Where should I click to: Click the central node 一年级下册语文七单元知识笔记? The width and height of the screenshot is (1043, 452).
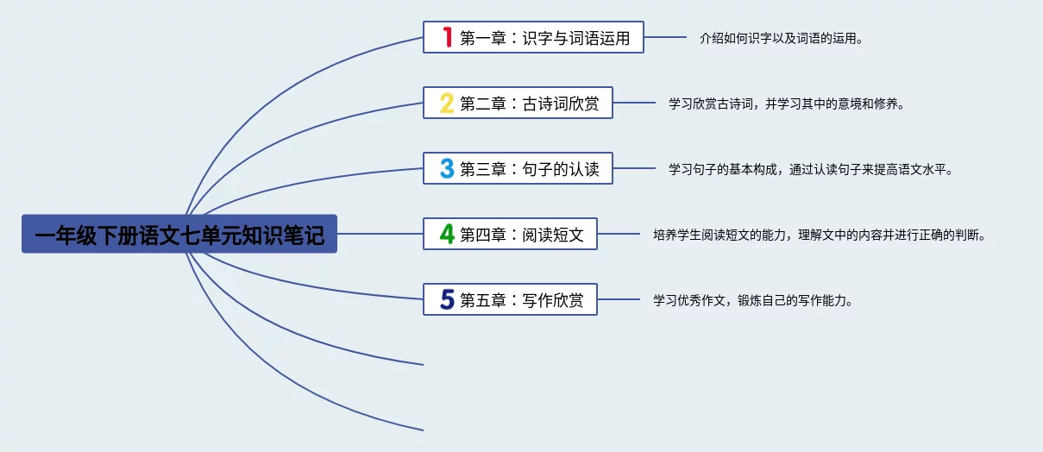click(179, 234)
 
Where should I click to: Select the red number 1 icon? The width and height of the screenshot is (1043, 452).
click(447, 37)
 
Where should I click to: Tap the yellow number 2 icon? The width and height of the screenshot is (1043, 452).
click(447, 104)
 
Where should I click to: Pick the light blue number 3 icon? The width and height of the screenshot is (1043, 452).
click(447, 168)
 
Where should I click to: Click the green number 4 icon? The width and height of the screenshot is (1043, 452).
click(447, 234)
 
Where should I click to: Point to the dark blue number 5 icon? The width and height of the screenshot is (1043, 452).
click(447, 299)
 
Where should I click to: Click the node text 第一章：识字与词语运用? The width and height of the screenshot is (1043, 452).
click(544, 38)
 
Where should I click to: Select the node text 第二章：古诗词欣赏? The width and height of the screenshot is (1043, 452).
click(529, 104)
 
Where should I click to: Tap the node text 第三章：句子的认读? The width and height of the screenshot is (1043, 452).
click(529, 169)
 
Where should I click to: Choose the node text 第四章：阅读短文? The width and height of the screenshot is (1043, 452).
click(521, 235)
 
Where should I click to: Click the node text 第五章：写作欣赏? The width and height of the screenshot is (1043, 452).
click(521, 300)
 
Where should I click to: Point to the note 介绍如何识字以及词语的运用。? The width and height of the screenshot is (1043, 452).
click(782, 38)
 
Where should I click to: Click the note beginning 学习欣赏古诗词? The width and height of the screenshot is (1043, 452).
click(786, 104)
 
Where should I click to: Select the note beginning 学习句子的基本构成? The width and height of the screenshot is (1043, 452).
click(810, 169)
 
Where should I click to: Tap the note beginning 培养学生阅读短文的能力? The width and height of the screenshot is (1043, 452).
click(819, 235)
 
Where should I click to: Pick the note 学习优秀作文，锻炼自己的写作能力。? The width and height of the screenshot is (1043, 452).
click(753, 300)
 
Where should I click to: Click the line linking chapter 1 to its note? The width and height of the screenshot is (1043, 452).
click(665, 37)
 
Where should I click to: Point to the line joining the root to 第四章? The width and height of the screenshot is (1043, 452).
click(380, 234)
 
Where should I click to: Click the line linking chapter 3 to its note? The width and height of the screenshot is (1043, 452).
click(633, 168)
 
